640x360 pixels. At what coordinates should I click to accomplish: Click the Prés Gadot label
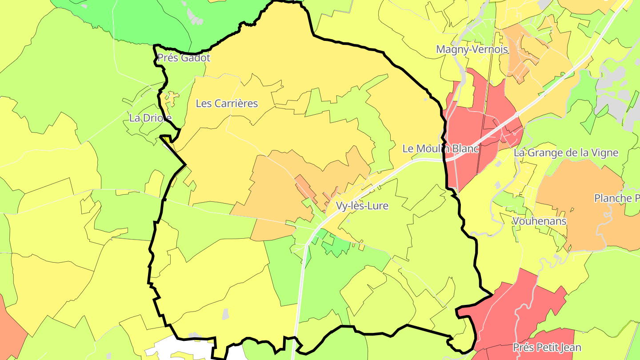coord(184,58)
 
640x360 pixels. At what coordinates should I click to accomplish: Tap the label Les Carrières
coord(227,104)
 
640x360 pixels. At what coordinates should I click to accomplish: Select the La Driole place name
coord(150,118)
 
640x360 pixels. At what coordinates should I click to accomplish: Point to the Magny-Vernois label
coord(472,49)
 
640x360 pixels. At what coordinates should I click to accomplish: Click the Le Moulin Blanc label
coord(440,149)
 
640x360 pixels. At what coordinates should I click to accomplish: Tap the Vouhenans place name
coord(539,221)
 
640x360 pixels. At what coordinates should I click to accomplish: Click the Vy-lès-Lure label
coord(362,206)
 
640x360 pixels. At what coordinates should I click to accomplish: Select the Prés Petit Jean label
coord(547,348)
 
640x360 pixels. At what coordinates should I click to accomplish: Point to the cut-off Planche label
coord(617,198)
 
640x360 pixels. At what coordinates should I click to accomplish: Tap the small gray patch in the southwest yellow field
coord(226,314)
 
